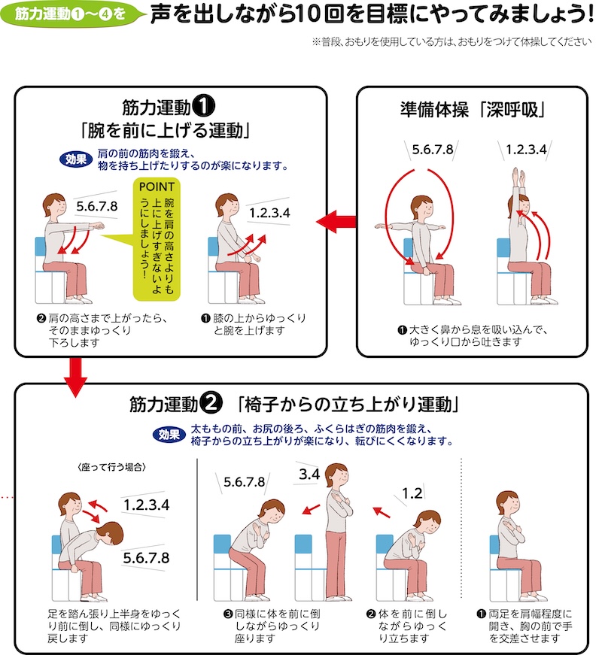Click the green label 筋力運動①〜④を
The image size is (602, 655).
(71, 14)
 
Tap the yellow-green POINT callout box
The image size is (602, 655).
(157, 239)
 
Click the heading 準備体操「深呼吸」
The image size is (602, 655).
(473, 110)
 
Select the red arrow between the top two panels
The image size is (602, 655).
(336, 221)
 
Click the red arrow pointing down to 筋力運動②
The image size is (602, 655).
(76, 377)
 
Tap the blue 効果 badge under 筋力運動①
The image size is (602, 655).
(76, 159)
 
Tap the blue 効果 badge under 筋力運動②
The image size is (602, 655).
(169, 435)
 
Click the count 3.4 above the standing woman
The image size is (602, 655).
(309, 474)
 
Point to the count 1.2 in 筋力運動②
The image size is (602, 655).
(412, 493)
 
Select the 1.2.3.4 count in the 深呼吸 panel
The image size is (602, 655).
(526, 149)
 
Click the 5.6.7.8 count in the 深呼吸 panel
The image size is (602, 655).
(432, 149)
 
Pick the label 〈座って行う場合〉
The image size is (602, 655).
(111, 467)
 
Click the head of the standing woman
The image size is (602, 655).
(336, 476)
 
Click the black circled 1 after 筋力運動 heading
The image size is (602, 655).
(204, 107)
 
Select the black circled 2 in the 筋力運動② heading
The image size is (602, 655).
(211, 404)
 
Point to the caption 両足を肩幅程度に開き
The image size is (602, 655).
(530, 620)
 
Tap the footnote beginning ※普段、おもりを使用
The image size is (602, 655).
(452, 42)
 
